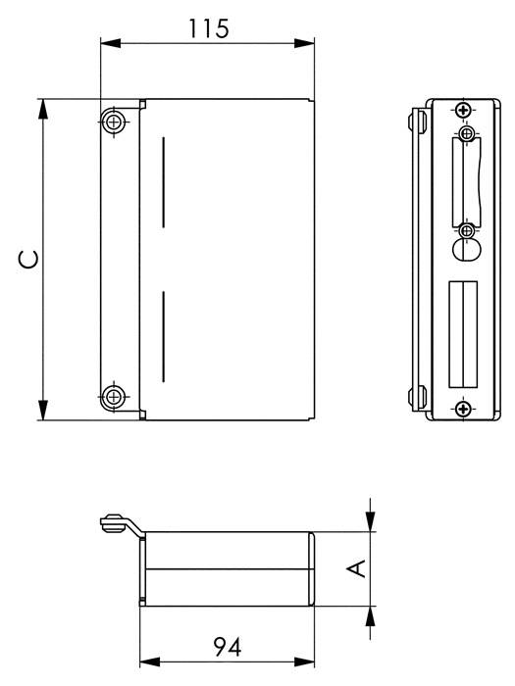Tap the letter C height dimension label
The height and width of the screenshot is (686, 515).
click(x=29, y=260)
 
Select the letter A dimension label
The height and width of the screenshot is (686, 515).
click(x=358, y=568)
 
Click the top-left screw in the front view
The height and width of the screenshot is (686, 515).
click(x=115, y=122)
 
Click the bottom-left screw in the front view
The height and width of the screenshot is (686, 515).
click(x=115, y=397)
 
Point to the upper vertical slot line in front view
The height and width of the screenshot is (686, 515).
click(x=163, y=184)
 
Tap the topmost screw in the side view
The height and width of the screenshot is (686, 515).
click(x=463, y=110)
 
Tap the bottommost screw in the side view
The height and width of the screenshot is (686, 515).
click(x=463, y=410)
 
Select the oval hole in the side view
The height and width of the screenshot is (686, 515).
click(x=466, y=250)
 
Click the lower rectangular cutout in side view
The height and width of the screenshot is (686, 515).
click(x=462, y=333)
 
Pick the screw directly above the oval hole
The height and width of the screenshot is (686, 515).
click(x=467, y=230)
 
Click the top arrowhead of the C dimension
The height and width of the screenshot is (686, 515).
click(x=42, y=106)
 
